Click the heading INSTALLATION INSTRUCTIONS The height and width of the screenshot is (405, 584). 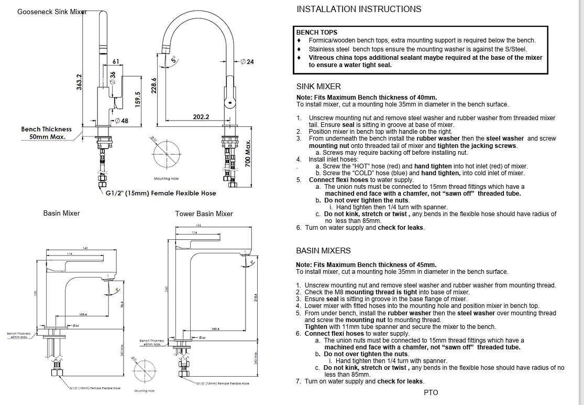pyautogui.click(x=359, y=9)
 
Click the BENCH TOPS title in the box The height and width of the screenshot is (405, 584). pyautogui.click(x=317, y=33)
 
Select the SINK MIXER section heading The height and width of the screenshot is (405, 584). pyautogui.click(x=318, y=87)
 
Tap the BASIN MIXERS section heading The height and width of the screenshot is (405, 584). pyautogui.click(x=323, y=251)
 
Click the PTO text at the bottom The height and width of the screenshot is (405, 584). pyautogui.click(x=431, y=392)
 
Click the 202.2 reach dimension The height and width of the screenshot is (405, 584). pyautogui.click(x=201, y=117)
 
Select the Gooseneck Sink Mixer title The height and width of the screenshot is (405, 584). pyautogui.click(x=51, y=12)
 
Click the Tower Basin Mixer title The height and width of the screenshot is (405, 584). pyautogui.click(x=204, y=214)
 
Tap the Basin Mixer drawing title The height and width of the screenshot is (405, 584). pyautogui.click(x=62, y=213)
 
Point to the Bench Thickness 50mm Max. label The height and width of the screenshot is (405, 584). pyautogui.click(x=47, y=133)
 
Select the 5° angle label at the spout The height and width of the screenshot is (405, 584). pyautogui.click(x=173, y=60)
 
